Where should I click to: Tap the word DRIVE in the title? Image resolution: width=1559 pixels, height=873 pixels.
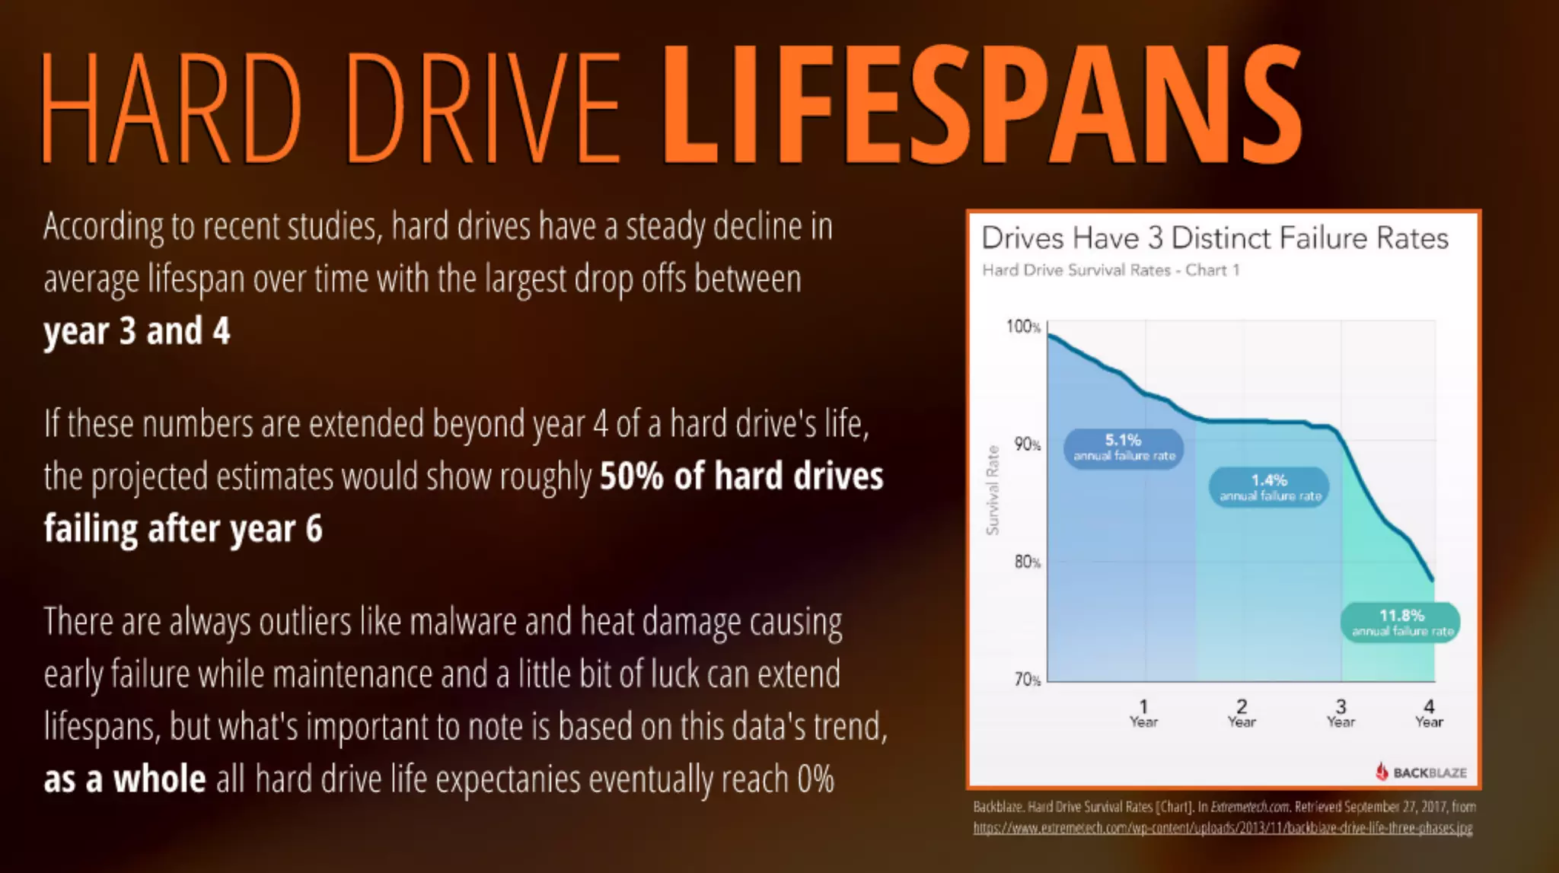[483, 107]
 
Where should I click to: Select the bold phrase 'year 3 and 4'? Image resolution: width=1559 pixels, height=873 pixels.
[137, 331]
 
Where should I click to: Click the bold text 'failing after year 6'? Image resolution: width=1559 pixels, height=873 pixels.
[183, 528]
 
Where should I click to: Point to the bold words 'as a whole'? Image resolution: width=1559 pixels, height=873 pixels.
[125, 779]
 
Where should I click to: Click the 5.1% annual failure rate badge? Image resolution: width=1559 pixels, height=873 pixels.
[1124, 448]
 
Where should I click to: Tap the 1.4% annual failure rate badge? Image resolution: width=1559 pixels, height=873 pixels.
[1269, 487]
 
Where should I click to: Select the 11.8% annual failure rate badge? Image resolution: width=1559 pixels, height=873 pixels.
[1401, 623]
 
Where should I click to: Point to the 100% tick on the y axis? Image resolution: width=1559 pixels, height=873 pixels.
[1023, 327]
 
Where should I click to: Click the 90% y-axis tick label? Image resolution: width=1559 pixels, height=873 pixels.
[1027, 444]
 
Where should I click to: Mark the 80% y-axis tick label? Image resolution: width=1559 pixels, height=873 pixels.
[1027, 562]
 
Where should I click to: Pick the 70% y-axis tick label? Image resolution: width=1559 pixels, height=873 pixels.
[1027, 680]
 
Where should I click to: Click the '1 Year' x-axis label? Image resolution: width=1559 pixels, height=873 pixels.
[1143, 714]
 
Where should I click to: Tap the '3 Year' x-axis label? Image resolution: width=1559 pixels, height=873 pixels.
[1341, 714]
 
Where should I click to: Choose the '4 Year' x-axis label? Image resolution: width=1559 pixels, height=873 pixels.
[1429, 714]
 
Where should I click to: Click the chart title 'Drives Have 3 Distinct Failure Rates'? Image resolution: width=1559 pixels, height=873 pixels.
[1214, 238]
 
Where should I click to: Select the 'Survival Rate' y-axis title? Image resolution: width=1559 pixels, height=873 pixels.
[993, 490]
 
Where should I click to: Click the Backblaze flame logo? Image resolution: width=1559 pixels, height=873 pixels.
[1382, 772]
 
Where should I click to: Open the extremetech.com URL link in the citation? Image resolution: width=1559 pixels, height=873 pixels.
[1223, 828]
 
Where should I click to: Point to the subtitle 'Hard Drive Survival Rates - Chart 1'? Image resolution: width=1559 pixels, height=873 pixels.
[1111, 270]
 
